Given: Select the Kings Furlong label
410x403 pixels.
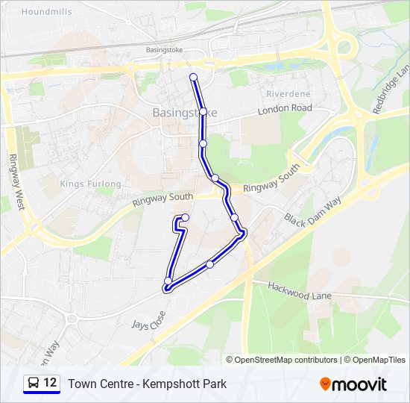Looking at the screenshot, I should point(90,184).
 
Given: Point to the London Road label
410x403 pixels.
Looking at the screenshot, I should point(284,109).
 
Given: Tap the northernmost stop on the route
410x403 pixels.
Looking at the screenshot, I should point(194,77).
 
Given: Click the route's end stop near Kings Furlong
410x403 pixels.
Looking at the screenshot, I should point(185,217).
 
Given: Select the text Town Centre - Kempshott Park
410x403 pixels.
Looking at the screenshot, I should point(147,384).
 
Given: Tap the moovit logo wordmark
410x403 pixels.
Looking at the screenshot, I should point(361,384).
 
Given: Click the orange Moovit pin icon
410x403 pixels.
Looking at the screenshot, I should point(325,384).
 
